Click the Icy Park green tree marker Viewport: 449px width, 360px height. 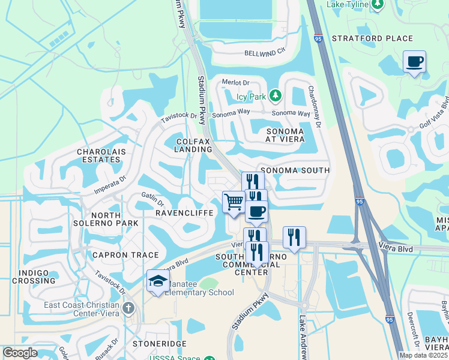275,95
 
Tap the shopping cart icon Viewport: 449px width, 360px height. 233,200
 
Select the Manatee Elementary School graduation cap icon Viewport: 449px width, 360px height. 157,280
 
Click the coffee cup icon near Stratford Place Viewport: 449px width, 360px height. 415,61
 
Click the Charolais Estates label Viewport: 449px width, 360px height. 101,156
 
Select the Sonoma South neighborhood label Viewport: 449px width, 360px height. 294,170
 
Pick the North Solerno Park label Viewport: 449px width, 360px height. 114,219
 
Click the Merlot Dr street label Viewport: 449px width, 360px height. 235,82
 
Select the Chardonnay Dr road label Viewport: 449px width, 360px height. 314,106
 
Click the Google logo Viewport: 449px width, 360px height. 20,353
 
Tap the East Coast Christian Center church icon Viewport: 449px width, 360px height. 128,308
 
